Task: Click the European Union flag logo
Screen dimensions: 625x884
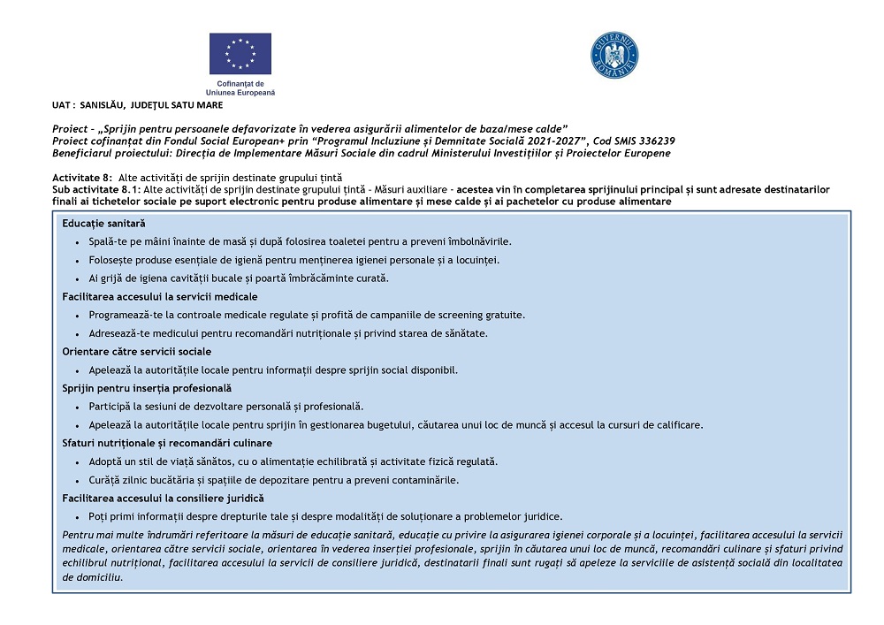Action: point(240,53)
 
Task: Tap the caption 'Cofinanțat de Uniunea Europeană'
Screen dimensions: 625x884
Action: point(240,88)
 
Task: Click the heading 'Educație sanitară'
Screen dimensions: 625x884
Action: point(103,224)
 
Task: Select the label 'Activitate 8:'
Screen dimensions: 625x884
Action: point(82,178)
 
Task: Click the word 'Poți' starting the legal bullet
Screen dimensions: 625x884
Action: point(98,516)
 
